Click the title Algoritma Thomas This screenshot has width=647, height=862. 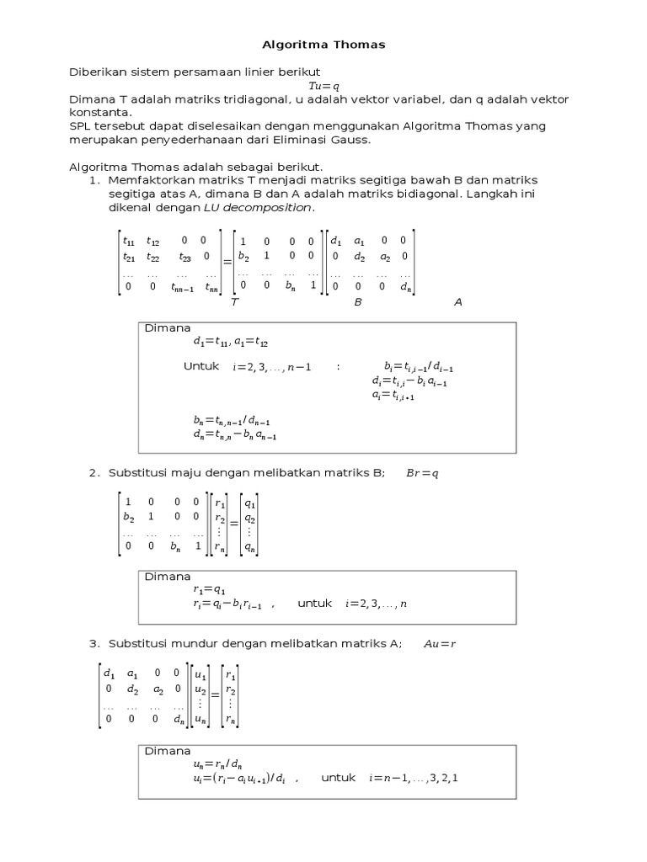point(323,45)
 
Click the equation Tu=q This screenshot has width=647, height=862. point(323,86)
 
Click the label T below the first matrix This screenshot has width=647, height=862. point(233,301)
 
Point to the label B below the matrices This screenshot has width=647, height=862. point(357,301)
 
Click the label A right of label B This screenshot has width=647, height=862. point(458,301)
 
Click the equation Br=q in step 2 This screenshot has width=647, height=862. point(423,473)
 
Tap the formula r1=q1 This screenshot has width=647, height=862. point(209,590)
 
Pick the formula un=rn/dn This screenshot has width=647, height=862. point(217,764)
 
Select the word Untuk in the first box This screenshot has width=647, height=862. point(201,366)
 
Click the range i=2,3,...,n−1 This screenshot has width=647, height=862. point(272,367)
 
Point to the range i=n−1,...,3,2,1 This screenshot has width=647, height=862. point(413,778)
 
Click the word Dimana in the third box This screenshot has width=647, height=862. point(168,750)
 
